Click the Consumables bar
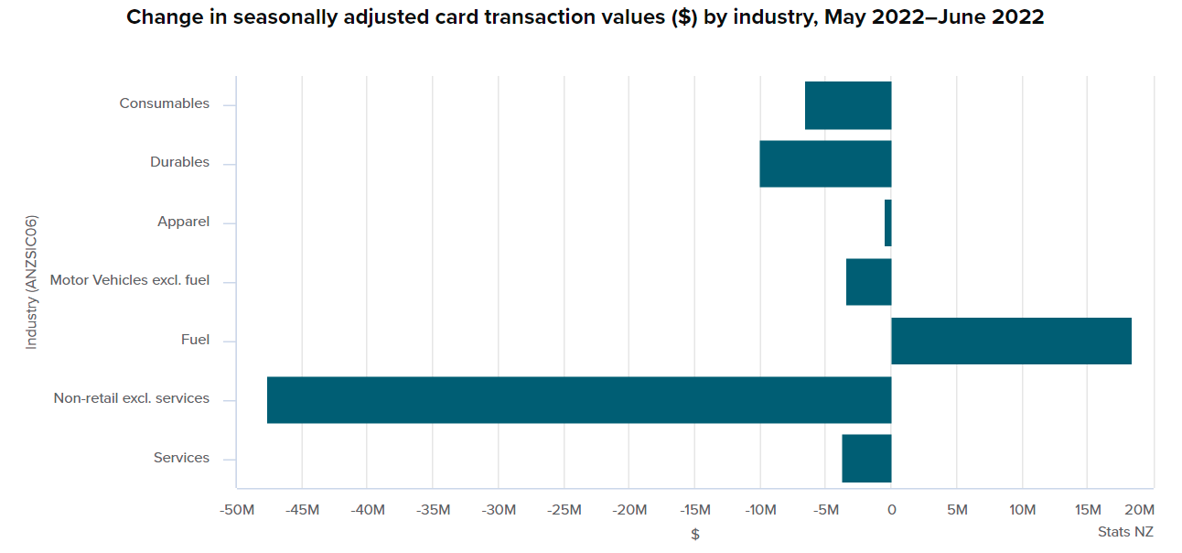click(848, 105)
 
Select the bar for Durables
click(825, 164)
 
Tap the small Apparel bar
click(887, 222)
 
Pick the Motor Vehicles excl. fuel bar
click(868, 282)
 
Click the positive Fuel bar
click(1011, 341)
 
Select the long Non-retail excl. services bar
click(578, 400)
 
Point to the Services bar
click(866, 459)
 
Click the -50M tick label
click(236, 510)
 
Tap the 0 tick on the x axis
click(891, 510)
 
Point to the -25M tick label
click(564, 510)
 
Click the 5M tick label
click(956, 510)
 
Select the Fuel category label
click(195, 340)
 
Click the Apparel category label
click(183, 222)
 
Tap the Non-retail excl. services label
click(131, 398)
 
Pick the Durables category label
click(179, 162)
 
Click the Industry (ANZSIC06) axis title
click(32, 282)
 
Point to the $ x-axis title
click(695, 534)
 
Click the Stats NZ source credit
click(1125, 532)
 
